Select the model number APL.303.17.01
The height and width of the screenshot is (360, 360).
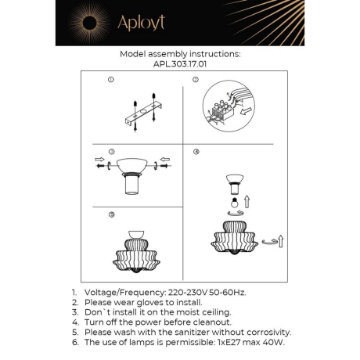[180, 66]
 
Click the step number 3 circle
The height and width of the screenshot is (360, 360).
[111, 151]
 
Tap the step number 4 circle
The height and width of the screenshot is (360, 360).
[197, 151]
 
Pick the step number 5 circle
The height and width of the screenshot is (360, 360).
[111, 214]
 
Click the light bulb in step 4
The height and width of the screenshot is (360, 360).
[232, 199]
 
